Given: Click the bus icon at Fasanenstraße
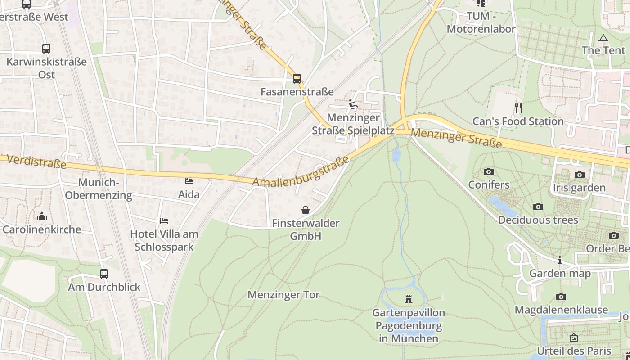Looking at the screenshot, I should (297, 79).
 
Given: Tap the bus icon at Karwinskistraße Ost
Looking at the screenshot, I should (46, 49).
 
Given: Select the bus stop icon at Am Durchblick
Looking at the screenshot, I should (104, 274).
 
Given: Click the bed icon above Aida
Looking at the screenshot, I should (189, 181).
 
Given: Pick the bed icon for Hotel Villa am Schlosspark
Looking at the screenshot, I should (164, 221).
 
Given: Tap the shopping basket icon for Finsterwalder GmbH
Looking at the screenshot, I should (306, 210).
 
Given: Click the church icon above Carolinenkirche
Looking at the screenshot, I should (42, 216).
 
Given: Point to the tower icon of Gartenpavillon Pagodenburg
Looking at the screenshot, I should (409, 299).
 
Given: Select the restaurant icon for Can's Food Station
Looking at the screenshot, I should (518, 108).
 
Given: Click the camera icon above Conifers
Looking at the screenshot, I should (488, 171).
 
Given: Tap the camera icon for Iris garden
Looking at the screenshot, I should (579, 175).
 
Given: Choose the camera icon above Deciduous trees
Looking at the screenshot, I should (538, 207).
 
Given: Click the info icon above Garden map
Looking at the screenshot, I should (560, 260).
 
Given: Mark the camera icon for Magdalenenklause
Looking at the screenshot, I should (561, 297).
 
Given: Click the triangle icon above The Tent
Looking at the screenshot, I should (603, 38).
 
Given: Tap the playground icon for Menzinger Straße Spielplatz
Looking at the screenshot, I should (353, 105).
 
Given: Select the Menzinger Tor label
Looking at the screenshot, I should (283, 295).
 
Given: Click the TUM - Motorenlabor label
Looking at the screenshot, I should (481, 23).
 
